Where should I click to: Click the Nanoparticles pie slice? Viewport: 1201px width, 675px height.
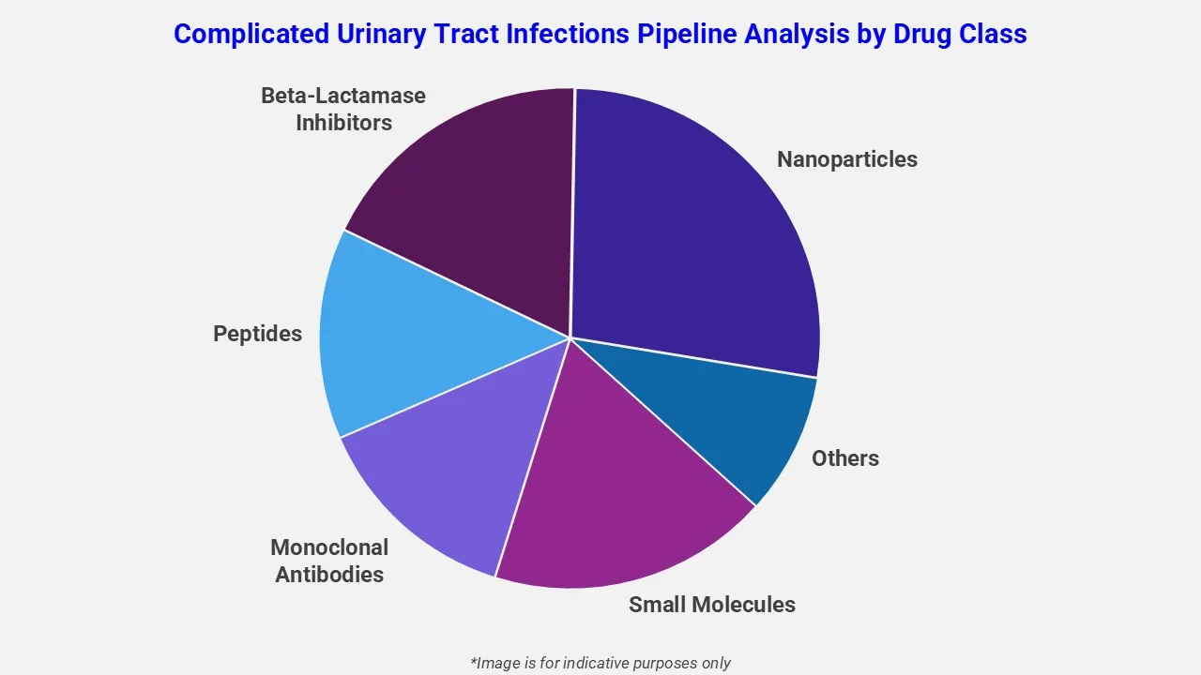(694, 234)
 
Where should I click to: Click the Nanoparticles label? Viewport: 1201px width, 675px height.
(846, 159)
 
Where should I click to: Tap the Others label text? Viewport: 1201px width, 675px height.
(844, 458)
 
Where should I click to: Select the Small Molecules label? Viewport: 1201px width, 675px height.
(711, 605)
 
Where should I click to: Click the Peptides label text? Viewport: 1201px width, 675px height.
(257, 334)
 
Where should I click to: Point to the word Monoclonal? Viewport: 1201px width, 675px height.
(328, 547)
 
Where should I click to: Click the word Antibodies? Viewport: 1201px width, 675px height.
(328, 575)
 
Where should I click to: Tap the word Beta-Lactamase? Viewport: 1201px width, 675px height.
(342, 96)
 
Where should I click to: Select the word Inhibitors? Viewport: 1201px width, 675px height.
(343, 123)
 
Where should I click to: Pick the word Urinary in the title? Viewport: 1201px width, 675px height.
(381, 34)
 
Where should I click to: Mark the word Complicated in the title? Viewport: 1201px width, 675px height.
(249, 34)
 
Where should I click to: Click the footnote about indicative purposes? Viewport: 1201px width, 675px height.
(600, 663)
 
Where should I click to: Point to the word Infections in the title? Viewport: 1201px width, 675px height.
(560, 34)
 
